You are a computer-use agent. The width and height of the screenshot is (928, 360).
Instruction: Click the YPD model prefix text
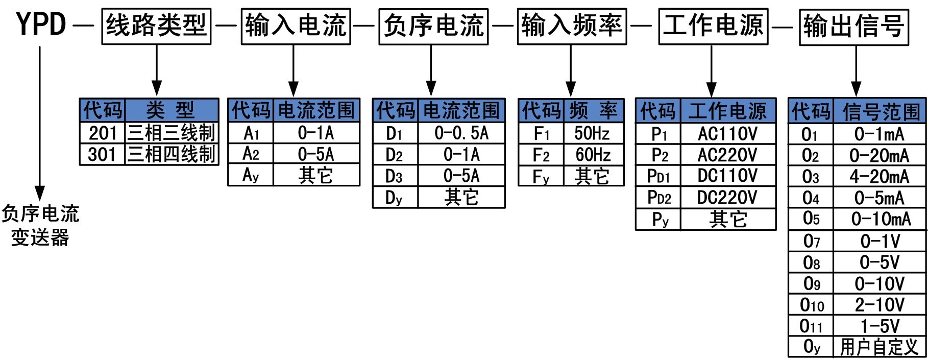point(41,24)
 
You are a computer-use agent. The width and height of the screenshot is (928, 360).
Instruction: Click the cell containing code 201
point(103,133)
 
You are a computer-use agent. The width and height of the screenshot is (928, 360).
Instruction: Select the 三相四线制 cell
point(172,154)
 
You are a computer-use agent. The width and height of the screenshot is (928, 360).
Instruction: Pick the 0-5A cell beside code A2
point(316,154)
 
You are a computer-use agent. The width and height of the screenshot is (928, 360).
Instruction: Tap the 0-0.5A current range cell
point(461,133)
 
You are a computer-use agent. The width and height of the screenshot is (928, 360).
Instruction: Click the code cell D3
point(395,176)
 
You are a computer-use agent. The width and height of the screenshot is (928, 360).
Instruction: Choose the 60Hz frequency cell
point(593,155)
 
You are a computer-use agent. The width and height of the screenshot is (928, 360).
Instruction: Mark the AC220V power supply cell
point(727,155)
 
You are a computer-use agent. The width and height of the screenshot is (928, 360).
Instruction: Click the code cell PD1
point(658,177)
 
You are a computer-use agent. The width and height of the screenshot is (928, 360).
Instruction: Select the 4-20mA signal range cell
point(879,177)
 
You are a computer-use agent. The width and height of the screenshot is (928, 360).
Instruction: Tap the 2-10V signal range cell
point(879,305)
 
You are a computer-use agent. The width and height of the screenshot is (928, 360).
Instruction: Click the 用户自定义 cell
point(879,347)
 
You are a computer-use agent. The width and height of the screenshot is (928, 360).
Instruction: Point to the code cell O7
point(811,241)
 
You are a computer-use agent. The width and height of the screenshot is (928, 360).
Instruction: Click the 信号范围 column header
point(880,111)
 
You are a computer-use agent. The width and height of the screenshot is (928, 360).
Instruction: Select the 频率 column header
point(593,111)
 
